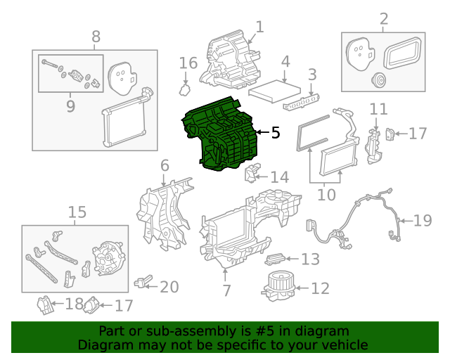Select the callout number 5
[x=275, y=131]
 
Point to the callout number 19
[x=422, y=221]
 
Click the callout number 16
[x=188, y=63]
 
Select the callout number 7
[x=226, y=290]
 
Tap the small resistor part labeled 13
[x=277, y=259]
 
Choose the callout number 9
[x=70, y=106]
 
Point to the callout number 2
[x=383, y=18]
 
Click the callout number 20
[x=169, y=287]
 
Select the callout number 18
[x=74, y=304]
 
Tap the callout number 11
[x=378, y=108]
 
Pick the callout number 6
[x=165, y=166]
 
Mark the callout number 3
[x=312, y=73]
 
